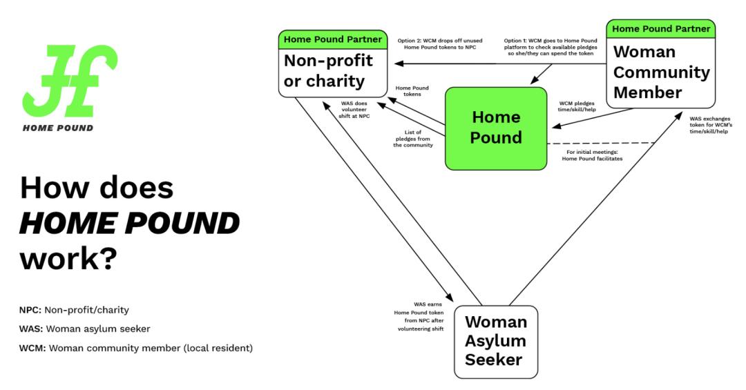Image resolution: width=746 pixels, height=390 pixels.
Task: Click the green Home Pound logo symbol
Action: [69, 81]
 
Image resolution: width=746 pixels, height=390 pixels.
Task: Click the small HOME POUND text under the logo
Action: [58, 128]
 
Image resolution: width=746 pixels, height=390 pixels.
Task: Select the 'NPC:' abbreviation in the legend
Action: [30, 310]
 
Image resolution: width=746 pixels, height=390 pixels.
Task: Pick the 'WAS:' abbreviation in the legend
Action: [31, 329]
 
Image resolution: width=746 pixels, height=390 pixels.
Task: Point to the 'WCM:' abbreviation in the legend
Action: [32, 347]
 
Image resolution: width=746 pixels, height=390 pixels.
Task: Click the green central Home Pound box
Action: [495, 128]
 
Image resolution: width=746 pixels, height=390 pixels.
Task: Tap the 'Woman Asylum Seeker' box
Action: [495, 341]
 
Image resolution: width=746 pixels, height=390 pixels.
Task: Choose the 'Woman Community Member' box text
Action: [661, 72]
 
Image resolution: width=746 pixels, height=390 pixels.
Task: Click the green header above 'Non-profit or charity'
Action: [333, 39]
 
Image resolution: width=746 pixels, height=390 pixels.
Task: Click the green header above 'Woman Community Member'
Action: [661, 29]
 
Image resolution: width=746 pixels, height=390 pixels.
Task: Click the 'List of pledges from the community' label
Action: [414, 139]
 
